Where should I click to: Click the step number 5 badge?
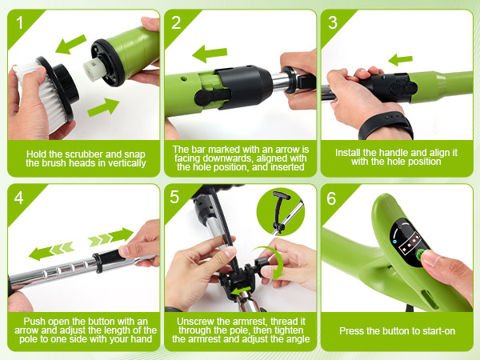point(177,198)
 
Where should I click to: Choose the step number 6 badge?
point(333,198)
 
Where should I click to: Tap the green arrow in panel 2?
point(210,54)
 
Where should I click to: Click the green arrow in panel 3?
point(400,59)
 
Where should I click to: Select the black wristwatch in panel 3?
point(386,126)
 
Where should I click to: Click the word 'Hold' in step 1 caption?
point(38,152)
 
